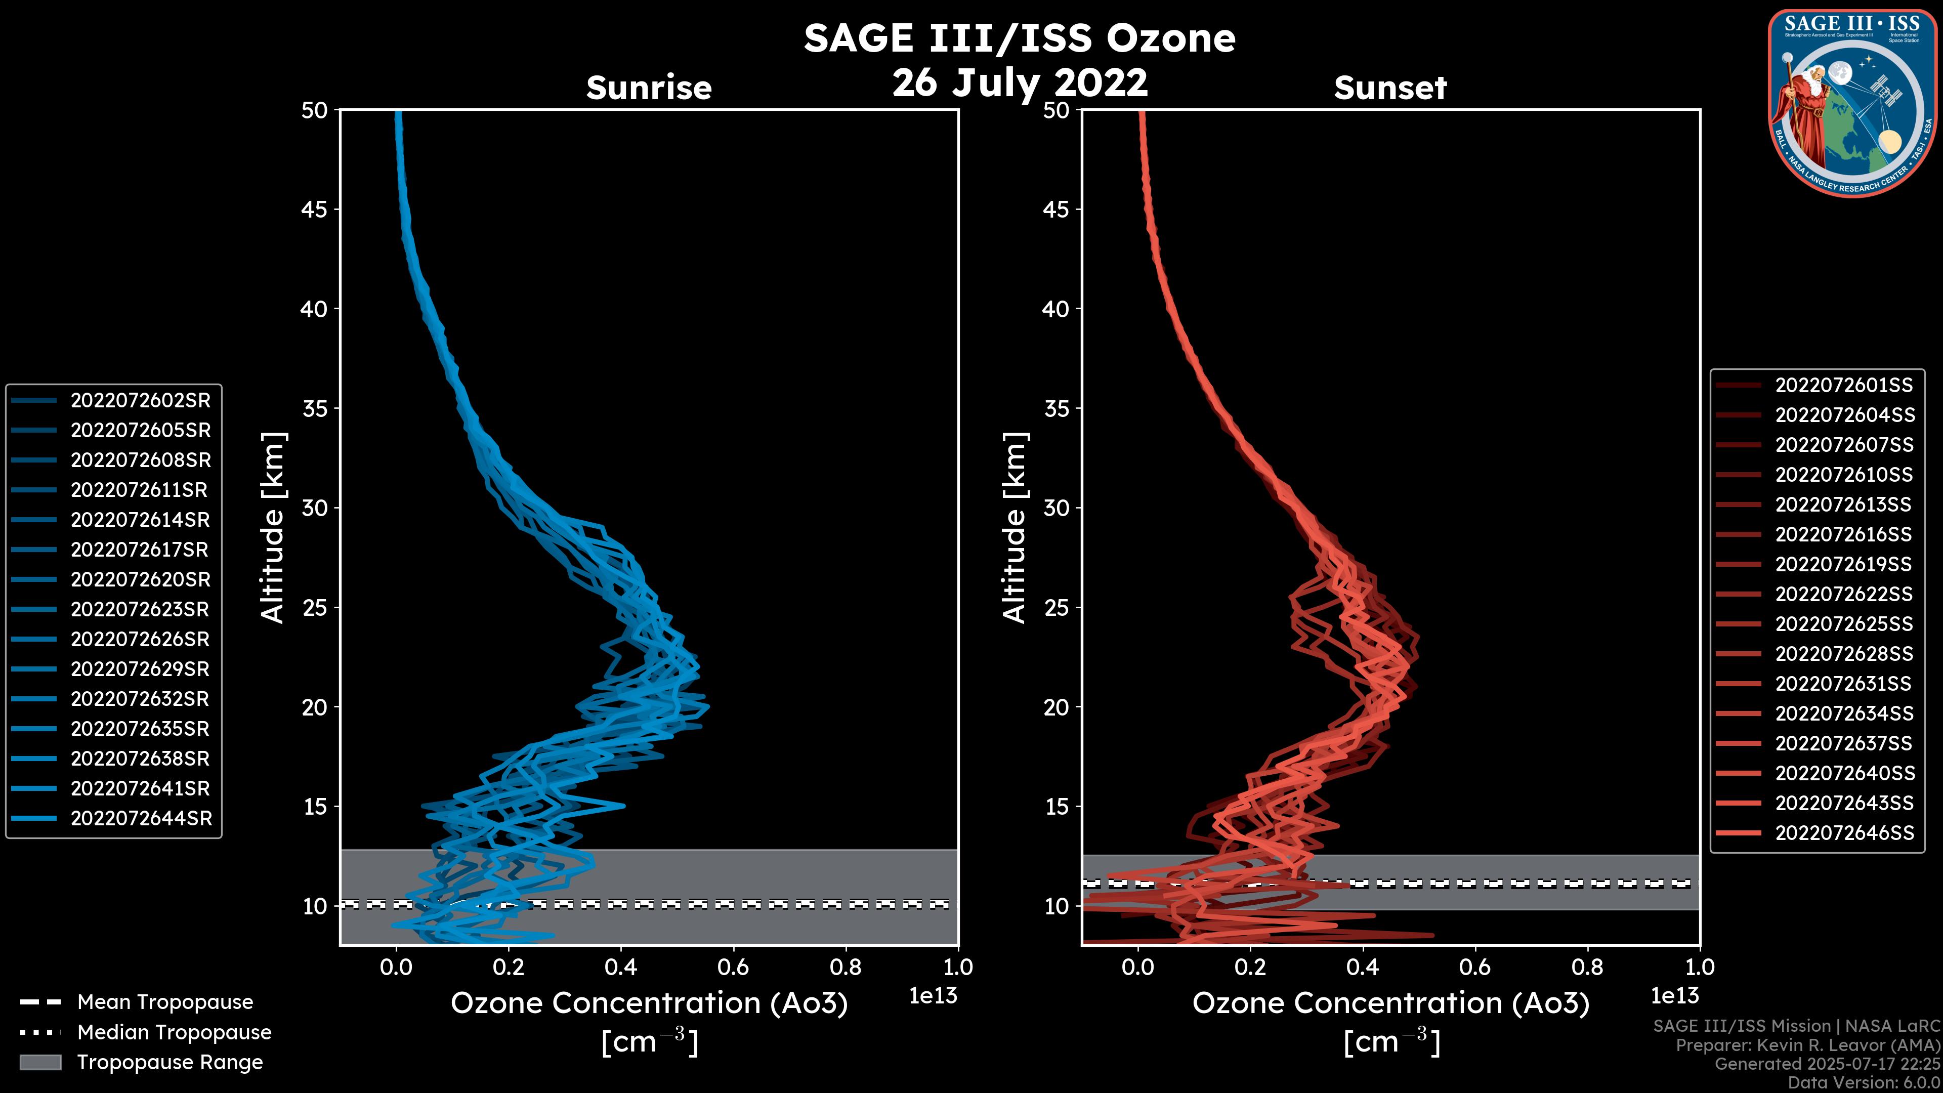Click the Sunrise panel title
click(x=649, y=88)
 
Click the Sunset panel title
click(x=1390, y=88)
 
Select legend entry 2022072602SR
click(x=140, y=401)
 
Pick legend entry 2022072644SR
click(x=141, y=818)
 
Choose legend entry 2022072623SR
click(x=140, y=609)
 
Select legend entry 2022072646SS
click(x=1844, y=833)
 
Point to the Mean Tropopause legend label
click(x=165, y=1002)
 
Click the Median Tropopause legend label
click(x=174, y=1033)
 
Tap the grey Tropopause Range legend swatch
click(x=40, y=1062)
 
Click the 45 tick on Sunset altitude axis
click(x=1056, y=209)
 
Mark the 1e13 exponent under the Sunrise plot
click(x=933, y=996)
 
